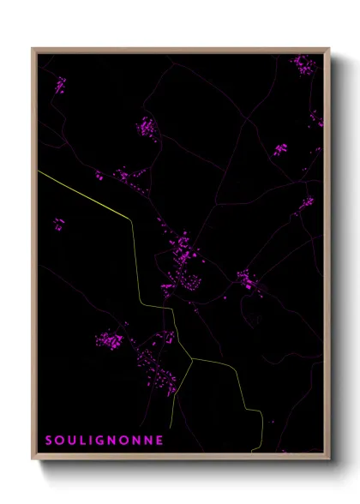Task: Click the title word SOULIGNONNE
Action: point(104,440)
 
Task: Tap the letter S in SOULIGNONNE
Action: point(49,440)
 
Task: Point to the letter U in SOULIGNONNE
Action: point(72,440)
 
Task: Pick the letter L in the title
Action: point(84,440)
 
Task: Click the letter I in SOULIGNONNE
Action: point(93,440)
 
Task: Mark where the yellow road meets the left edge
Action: point(39,171)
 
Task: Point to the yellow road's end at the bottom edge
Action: point(254,451)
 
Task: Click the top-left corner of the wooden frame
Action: point(33,49)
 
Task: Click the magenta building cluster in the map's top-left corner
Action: point(60,85)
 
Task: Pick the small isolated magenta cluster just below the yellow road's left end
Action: point(58,225)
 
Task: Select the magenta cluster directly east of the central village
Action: point(248,280)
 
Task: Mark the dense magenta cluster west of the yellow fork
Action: point(109,340)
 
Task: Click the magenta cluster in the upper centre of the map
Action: point(147,129)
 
